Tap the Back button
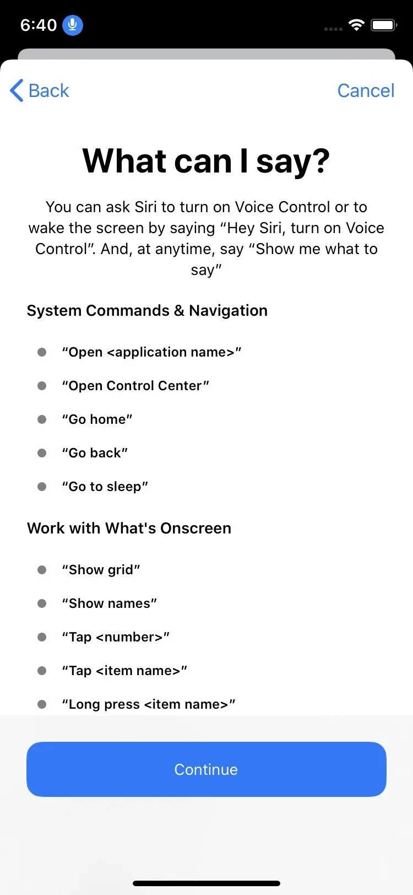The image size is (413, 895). coord(39,91)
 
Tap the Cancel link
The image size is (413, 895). coord(366,91)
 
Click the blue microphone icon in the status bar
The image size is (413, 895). coord(73,25)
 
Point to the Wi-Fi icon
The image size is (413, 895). coord(356,25)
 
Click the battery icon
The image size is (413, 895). coord(384,25)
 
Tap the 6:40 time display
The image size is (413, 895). coord(39,25)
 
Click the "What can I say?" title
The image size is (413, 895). coord(206,161)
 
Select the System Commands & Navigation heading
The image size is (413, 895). coord(147,310)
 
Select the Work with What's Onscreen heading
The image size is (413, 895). coord(129,528)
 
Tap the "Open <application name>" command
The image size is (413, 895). coord(151,352)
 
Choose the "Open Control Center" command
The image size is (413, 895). coord(135,386)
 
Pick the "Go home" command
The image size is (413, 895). coord(97,419)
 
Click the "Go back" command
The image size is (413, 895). coord(95,452)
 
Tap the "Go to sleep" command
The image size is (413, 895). coord(105,487)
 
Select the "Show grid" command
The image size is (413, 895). coord(101,570)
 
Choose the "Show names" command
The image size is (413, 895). coord(110,603)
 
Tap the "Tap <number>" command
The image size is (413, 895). coord(116,637)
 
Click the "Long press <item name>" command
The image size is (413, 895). coord(149,704)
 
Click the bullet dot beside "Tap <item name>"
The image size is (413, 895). coord(42,671)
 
